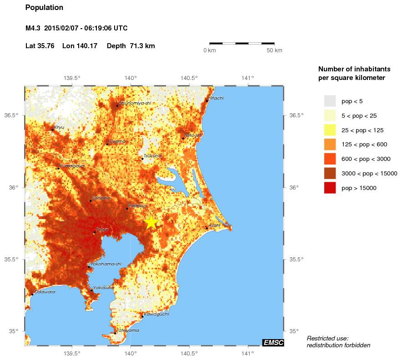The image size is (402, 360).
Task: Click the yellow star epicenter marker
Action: click(151, 222)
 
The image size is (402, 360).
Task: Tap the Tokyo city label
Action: click(102, 230)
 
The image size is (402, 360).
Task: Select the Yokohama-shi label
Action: click(106, 264)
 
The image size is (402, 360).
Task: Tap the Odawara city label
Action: click(45, 292)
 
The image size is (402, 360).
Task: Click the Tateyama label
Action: click(128, 330)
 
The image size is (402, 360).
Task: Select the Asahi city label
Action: click(214, 225)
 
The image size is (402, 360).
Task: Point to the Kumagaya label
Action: click(72, 166)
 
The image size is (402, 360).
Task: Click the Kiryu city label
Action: click(59, 127)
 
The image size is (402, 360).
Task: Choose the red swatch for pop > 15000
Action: click(330, 188)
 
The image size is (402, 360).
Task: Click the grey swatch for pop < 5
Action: click(330, 101)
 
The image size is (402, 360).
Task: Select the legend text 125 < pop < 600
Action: click(366, 145)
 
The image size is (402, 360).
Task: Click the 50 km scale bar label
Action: click(274, 50)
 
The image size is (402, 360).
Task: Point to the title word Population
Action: click(44, 8)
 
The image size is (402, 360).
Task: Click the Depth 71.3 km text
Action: click(131, 46)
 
